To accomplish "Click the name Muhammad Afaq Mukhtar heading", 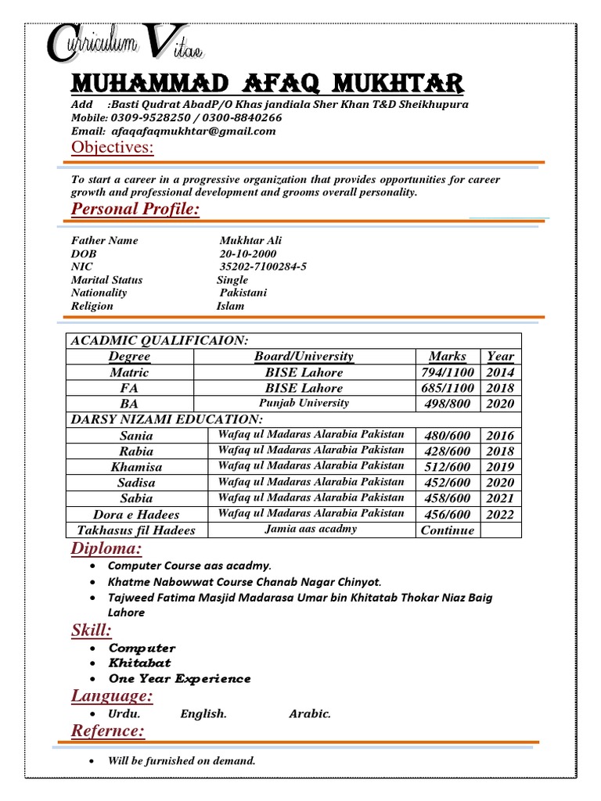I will click(x=266, y=83).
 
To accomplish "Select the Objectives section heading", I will click(x=113, y=149).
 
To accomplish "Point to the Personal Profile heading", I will click(x=135, y=209).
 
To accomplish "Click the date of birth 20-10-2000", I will click(x=249, y=254).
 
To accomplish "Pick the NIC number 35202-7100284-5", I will click(x=263, y=267).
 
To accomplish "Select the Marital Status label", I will click(x=106, y=279).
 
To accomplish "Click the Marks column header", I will click(x=447, y=356).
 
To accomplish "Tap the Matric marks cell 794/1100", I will click(x=447, y=372).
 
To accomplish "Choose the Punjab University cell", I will click(x=304, y=404).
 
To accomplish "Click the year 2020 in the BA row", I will click(x=500, y=404).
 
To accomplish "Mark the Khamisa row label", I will click(x=136, y=467).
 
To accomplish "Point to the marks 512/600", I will click(x=447, y=467).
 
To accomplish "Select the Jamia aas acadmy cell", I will click(x=311, y=529).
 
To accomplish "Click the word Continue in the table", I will click(x=447, y=530).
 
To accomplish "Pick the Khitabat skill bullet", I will click(x=139, y=663).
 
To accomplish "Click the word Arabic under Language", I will click(x=310, y=713).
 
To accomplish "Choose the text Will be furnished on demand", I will click(x=182, y=760).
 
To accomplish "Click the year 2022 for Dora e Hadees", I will click(x=500, y=514).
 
